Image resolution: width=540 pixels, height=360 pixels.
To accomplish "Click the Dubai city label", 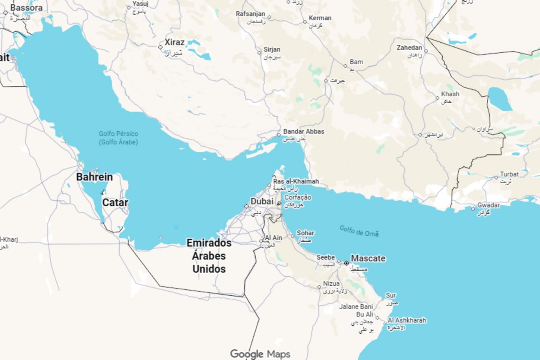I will pos(262,202).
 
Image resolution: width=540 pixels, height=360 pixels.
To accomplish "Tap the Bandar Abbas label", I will pos(303,131).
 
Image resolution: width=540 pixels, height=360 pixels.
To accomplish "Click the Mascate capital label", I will pos(368,258).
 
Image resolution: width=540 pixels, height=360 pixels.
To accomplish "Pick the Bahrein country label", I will pos(94,177).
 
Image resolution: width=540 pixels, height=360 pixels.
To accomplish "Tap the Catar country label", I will pos(115,202).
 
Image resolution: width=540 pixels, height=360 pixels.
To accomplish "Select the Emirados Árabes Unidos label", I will pos(209,256).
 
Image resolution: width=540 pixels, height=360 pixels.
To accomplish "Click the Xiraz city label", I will pos(174,42).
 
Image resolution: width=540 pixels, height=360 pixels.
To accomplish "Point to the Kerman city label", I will pos(320,18).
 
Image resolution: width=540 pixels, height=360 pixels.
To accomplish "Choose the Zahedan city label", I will pos(409,48).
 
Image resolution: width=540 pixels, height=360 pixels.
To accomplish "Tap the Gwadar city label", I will pos(489,205).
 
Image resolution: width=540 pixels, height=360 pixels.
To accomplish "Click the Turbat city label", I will pos(509,174).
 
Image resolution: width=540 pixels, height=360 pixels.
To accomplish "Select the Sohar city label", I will pos(306,233).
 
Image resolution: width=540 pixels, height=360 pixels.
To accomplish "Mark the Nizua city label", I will pos(332,284).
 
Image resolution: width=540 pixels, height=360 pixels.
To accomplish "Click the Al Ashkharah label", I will pos(407,320).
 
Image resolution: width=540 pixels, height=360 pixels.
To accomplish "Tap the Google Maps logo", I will pos(260,354).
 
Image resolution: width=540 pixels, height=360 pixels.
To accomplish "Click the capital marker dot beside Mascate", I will pos(346,263).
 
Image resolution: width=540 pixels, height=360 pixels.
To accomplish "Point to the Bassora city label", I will pos(27,8).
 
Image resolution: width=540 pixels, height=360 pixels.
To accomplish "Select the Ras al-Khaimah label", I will pos(296,181).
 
